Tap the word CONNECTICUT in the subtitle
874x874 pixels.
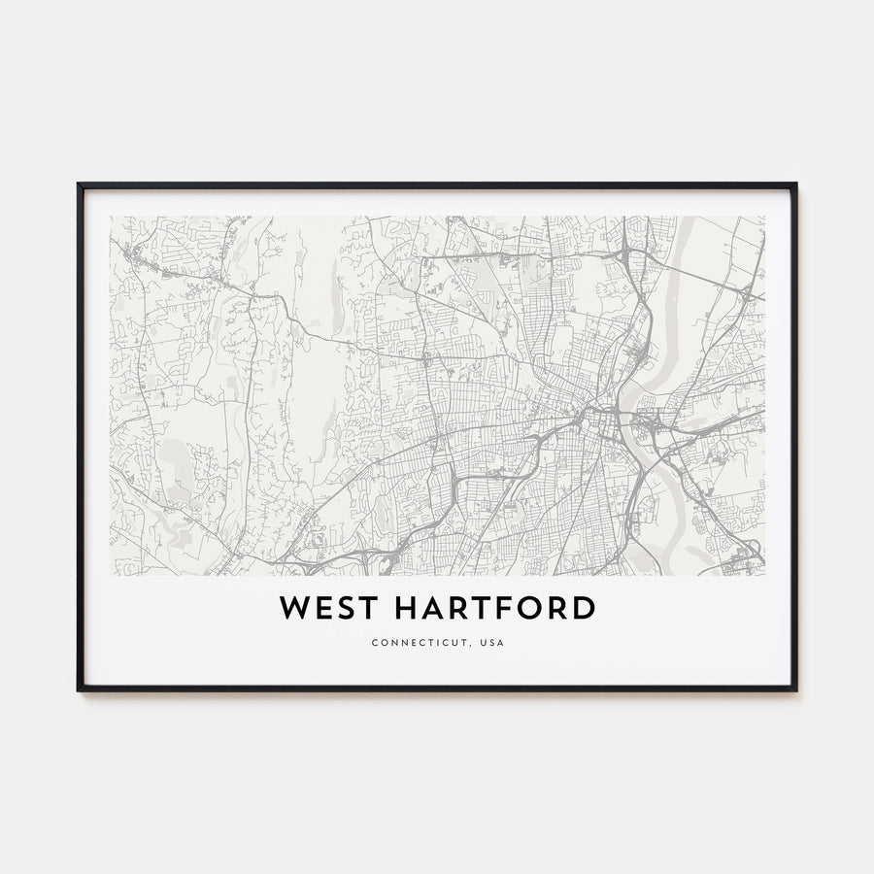[x=415, y=642]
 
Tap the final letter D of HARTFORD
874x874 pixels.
[x=583, y=609]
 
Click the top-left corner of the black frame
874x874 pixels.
[x=79, y=185]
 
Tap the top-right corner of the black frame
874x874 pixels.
[x=795, y=185]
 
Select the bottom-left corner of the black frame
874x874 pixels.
[x=79, y=689]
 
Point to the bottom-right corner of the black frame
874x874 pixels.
[x=795, y=689]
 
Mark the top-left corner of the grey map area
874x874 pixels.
[x=111, y=218]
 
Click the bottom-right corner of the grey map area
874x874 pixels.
[x=763, y=575]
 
